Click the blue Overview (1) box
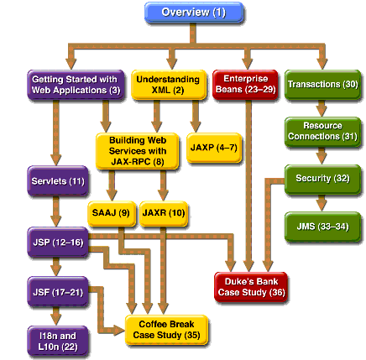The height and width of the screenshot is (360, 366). pyautogui.click(x=194, y=13)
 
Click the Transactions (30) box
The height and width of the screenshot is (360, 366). pyautogui.click(x=322, y=84)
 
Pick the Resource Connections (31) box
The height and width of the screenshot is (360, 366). pyautogui.click(x=322, y=131)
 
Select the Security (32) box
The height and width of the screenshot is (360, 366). pyautogui.click(x=322, y=178)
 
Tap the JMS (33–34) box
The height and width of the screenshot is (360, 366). pyautogui.click(x=322, y=226)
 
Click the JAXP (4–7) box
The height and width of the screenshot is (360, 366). pyautogui.click(x=213, y=148)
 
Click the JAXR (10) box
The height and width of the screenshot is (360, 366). pyautogui.click(x=164, y=213)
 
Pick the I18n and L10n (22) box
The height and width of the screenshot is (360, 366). pyautogui.click(x=56, y=341)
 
